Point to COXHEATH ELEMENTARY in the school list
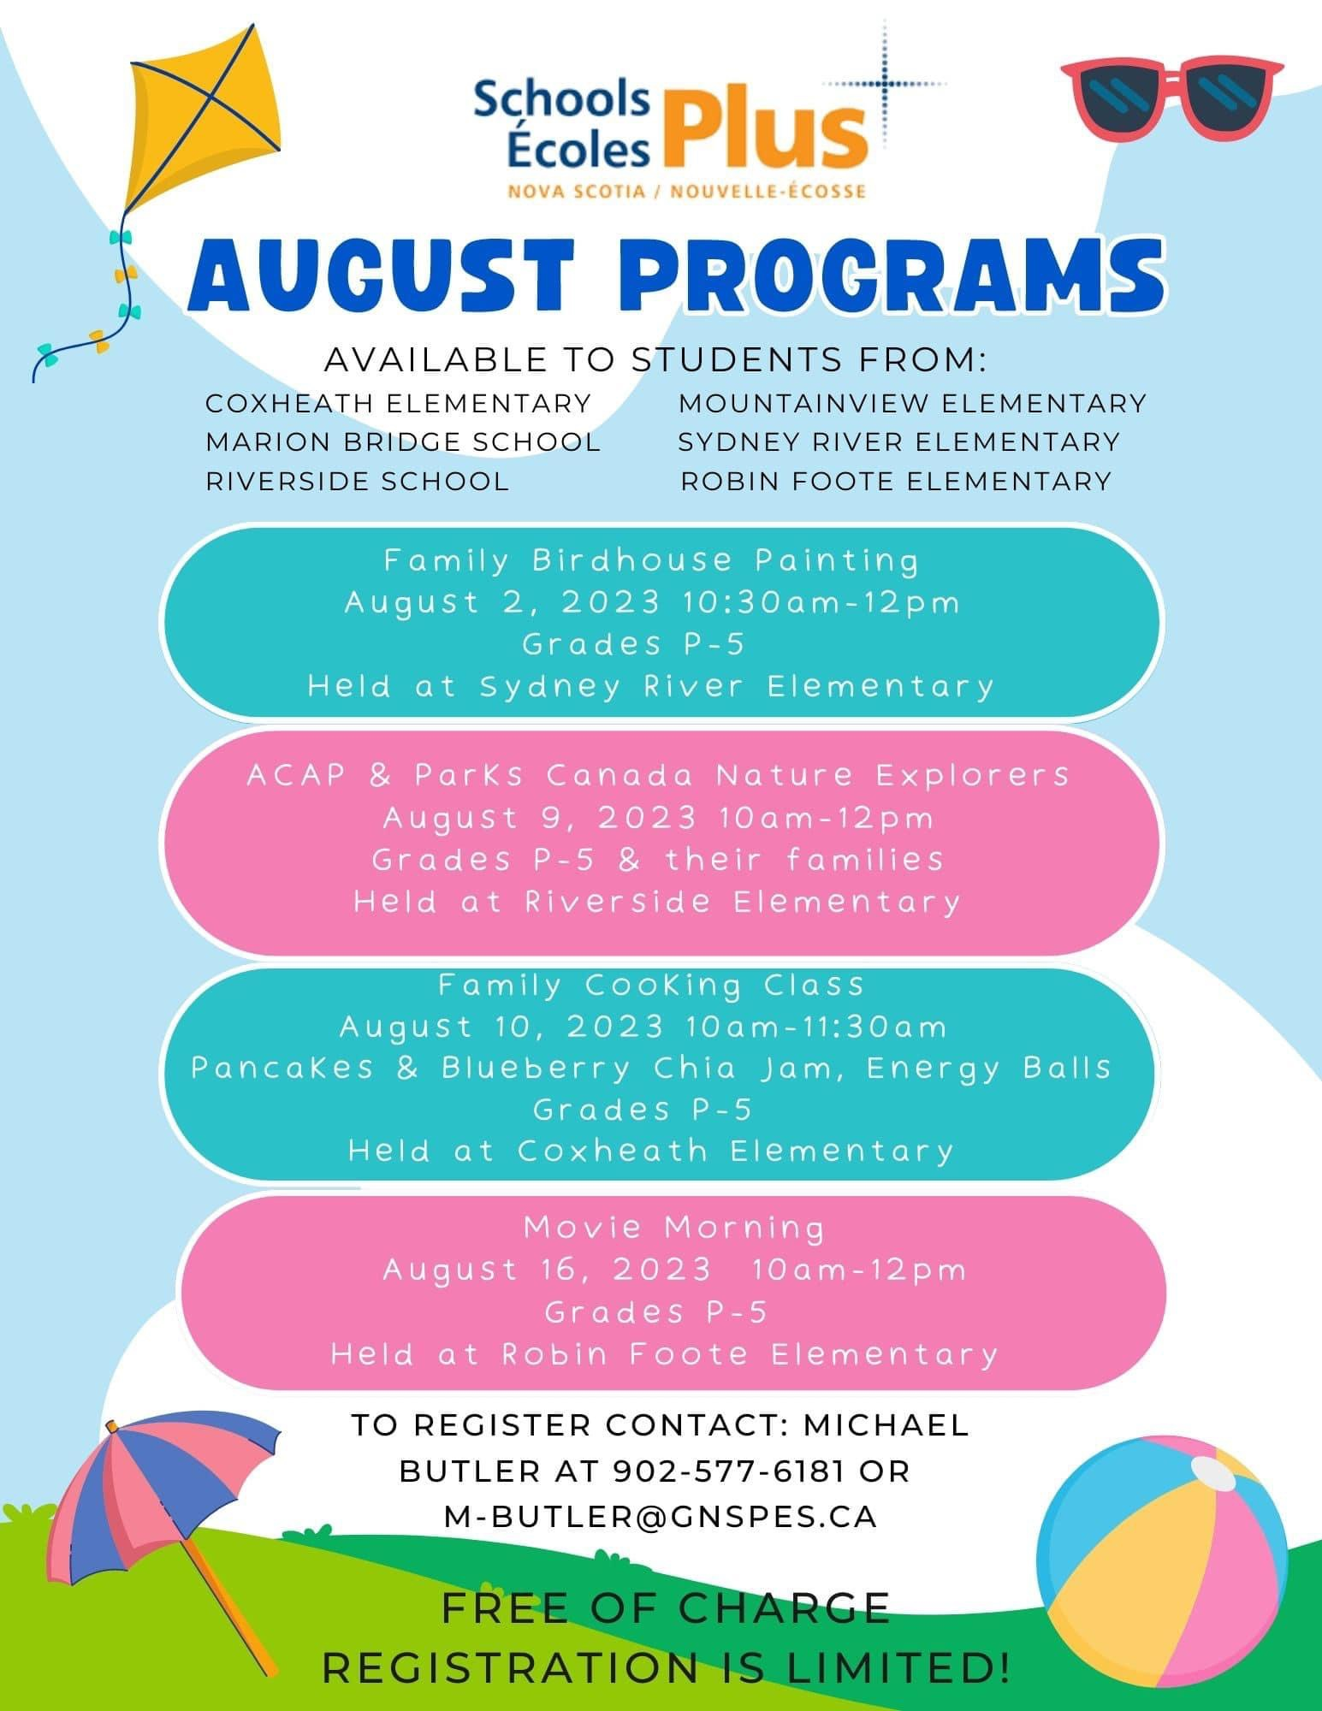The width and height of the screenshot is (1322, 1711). (398, 403)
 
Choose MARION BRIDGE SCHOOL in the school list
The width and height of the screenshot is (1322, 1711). (403, 441)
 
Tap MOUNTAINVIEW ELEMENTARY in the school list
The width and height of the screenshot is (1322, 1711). (912, 403)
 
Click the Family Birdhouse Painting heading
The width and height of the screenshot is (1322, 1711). (651, 560)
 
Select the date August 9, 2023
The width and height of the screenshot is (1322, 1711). (540, 818)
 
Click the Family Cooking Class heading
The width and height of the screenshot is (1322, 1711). (651, 985)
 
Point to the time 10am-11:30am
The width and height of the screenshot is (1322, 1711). (816, 1026)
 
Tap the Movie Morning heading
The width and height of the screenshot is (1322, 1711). (674, 1227)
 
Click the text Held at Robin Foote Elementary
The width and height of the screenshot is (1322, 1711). (664, 1353)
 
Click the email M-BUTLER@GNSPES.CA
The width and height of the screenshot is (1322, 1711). (661, 1516)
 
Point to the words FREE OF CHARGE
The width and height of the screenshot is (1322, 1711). (666, 1608)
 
